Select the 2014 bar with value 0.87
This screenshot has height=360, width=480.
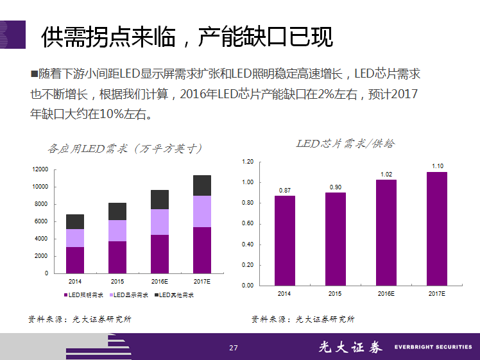[x=285, y=240]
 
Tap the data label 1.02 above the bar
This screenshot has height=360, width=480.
[x=386, y=174]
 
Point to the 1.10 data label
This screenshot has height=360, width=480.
[x=437, y=166]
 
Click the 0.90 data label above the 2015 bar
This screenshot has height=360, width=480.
[x=336, y=187]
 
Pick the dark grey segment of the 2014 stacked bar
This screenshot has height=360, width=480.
[x=75, y=221]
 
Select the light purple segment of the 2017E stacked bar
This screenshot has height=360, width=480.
[x=202, y=211]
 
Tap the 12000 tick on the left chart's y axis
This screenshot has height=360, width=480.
[x=40, y=169]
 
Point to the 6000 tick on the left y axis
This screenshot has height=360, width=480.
[x=42, y=221]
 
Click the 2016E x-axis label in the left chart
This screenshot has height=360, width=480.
[x=160, y=281]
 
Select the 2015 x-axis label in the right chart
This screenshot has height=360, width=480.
[x=335, y=293]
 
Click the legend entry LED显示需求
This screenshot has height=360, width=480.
[x=131, y=295]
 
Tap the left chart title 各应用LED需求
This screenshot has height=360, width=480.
[x=124, y=148]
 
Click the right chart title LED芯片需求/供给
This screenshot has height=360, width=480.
[x=345, y=143]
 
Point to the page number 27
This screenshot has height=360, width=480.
[x=233, y=348]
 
